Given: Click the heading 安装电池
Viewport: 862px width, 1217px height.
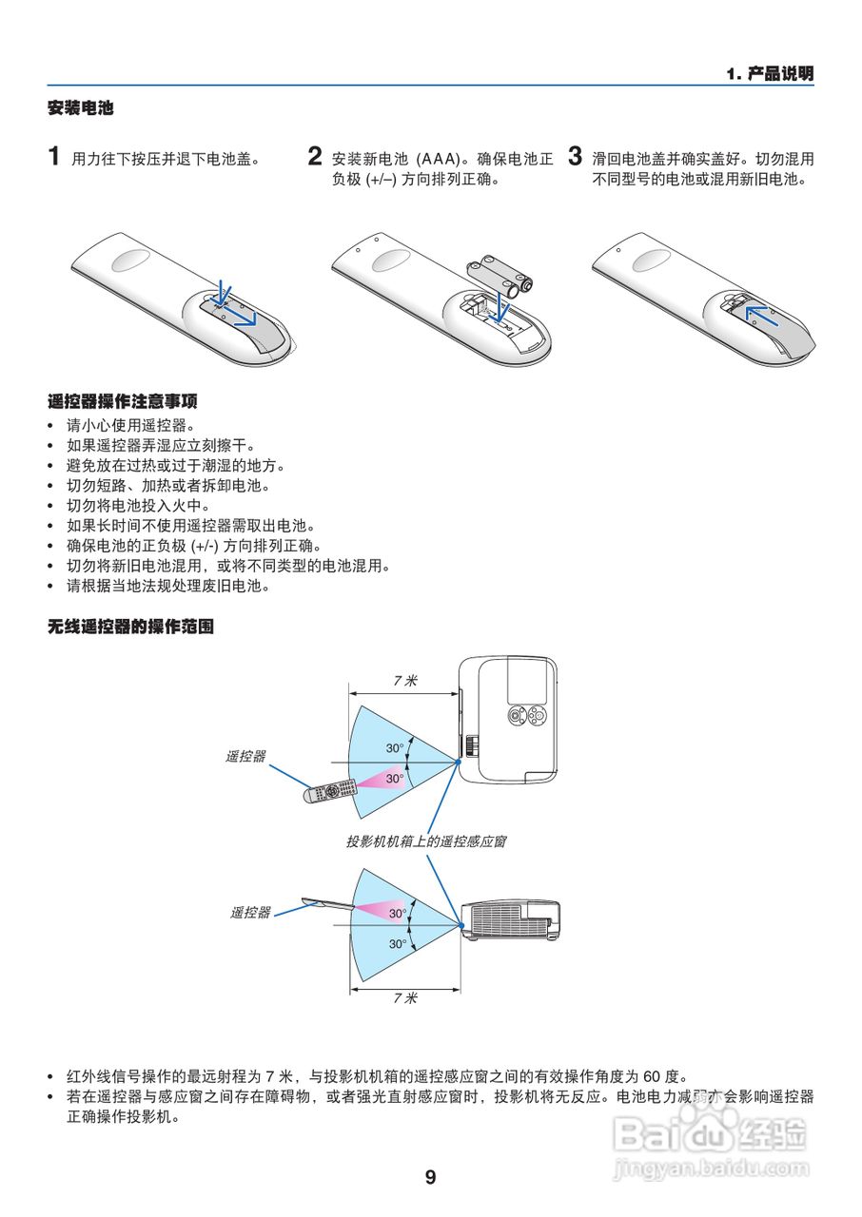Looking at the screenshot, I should tap(81, 108).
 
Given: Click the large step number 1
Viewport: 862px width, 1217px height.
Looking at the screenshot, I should tap(55, 156).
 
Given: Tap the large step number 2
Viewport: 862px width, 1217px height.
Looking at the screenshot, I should tap(315, 156).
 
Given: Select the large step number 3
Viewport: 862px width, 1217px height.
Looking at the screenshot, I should tap(575, 156).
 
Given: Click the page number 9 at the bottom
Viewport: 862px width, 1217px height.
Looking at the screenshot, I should tap(430, 1178).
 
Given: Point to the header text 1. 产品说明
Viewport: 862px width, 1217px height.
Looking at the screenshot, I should tap(769, 74).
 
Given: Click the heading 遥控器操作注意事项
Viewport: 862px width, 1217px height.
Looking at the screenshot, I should tap(123, 401).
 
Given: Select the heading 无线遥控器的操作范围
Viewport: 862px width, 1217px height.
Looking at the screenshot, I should tap(130, 628).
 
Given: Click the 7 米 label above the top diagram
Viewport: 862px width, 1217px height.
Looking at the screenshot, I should tap(405, 681).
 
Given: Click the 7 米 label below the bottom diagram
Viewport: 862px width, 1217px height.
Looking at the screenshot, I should tap(405, 997).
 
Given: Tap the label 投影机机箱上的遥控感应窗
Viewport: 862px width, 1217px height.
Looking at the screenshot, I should tap(425, 841).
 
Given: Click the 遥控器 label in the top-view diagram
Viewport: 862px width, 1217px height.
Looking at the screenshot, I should tap(245, 757).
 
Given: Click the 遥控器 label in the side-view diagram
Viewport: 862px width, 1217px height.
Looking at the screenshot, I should tap(250, 913).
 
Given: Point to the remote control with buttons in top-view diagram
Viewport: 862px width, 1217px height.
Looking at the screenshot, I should tap(329, 791).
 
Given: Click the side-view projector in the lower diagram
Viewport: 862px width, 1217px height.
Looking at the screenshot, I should tap(509, 919).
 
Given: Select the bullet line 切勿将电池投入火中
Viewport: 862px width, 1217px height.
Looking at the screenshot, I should tap(137, 506).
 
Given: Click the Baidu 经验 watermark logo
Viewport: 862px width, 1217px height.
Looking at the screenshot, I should tap(710, 1133).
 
